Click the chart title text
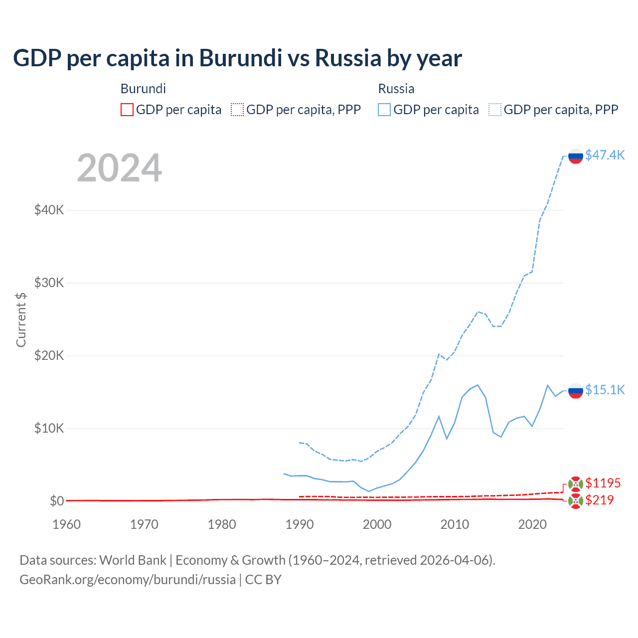237,58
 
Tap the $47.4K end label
605,155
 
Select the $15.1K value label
605,390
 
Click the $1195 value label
603,483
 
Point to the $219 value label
599,500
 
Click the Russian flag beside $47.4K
576,156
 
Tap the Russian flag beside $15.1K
576,391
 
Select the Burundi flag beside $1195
576,483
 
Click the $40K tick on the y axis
49,210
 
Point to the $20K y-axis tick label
49,355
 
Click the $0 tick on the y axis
57,501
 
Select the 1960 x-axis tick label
66,524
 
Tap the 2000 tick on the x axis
377,524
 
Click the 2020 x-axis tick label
532,524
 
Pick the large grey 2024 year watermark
119,168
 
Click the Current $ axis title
21,319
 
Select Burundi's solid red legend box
127,110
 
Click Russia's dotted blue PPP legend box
495,110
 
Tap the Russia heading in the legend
396,89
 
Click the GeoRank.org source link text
128,580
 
